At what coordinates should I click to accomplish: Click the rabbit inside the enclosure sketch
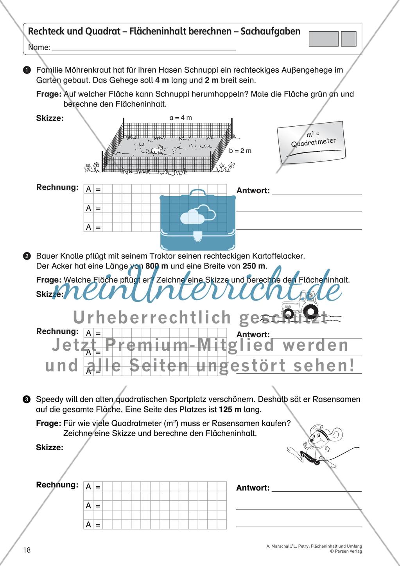pyautogui.click(x=156, y=149)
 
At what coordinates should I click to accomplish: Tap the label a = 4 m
pyautogui.click(x=181, y=118)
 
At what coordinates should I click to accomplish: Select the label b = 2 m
pyautogui.click(x=240, y=151)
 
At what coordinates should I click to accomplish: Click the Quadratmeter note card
pyautogui.click(x=312, y=142)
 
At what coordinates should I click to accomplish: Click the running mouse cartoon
pyautogui.click(x=321, y=447)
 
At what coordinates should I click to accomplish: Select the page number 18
pyautogui.click(x=27, y=550)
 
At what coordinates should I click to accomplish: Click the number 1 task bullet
pyautogui.click(x=26, y=70)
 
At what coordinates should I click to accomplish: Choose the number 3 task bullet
pyautogui.click(x=26, y=399)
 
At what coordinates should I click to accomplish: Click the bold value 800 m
pyautogui.click(x=157, y=266)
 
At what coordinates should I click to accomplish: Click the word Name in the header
pyautogui.click(x=39, y=48)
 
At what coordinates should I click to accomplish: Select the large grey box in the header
pyautogui.click(x=323, y=39)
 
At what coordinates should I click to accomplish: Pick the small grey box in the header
pyautogui.click(x=348, y=39)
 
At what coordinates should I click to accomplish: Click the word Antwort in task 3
pyautogui.click(x=253, y=488)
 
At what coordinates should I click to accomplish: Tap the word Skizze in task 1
pyautogui.click(x=50, y=118)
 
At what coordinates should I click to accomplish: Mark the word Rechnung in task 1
pyautogui.click(x=57, y=187)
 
